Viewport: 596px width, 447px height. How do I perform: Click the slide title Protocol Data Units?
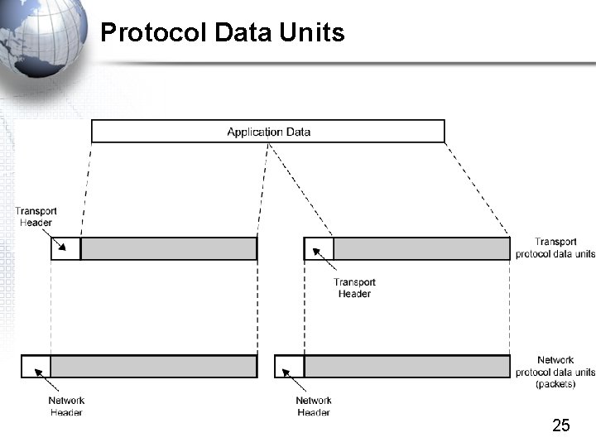(222, 33)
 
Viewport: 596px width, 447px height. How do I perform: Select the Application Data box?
(267, 132)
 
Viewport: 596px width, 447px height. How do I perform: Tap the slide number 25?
(560, 425)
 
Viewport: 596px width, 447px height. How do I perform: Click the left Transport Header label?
(36, 217)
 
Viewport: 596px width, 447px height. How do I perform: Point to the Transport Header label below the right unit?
(354, 288)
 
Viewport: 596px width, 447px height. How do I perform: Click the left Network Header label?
(66, 406)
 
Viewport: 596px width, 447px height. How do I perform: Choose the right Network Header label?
(314, 406)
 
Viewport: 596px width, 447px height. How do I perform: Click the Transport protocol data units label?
(554, 248)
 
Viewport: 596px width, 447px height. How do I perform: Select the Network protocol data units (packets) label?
(555, 372)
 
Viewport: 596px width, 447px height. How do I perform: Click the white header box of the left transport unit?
(66, 249)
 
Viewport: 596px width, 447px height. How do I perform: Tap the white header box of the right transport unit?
(319, 249)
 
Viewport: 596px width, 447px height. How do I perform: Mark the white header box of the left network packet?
(36, 367)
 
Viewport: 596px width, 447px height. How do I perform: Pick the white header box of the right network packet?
(290, 367)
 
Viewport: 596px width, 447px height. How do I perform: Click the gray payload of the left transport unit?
(169, 249)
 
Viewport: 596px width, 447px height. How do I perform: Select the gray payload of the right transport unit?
(421, 249)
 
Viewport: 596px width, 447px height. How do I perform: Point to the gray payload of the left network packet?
(154, 367)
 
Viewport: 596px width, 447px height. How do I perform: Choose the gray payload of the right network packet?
(406, 367)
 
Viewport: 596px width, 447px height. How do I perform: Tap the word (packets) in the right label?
(555, 384)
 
